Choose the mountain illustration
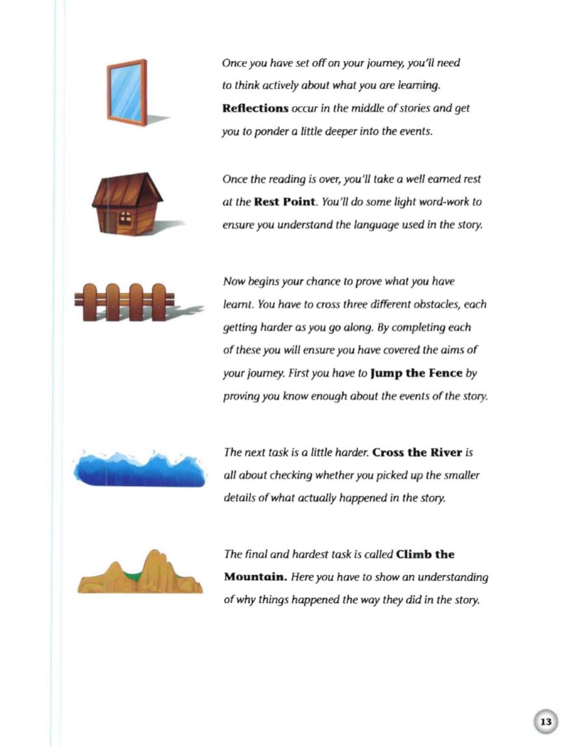[140, 574]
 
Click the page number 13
[545, 722]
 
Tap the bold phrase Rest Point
[280, 202]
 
